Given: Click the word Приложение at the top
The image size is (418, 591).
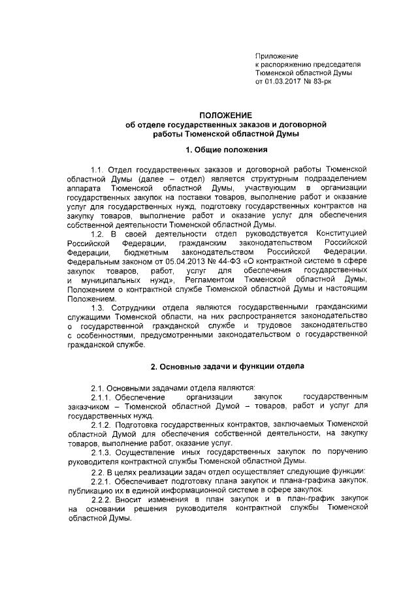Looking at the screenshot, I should (x=276, y=57).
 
